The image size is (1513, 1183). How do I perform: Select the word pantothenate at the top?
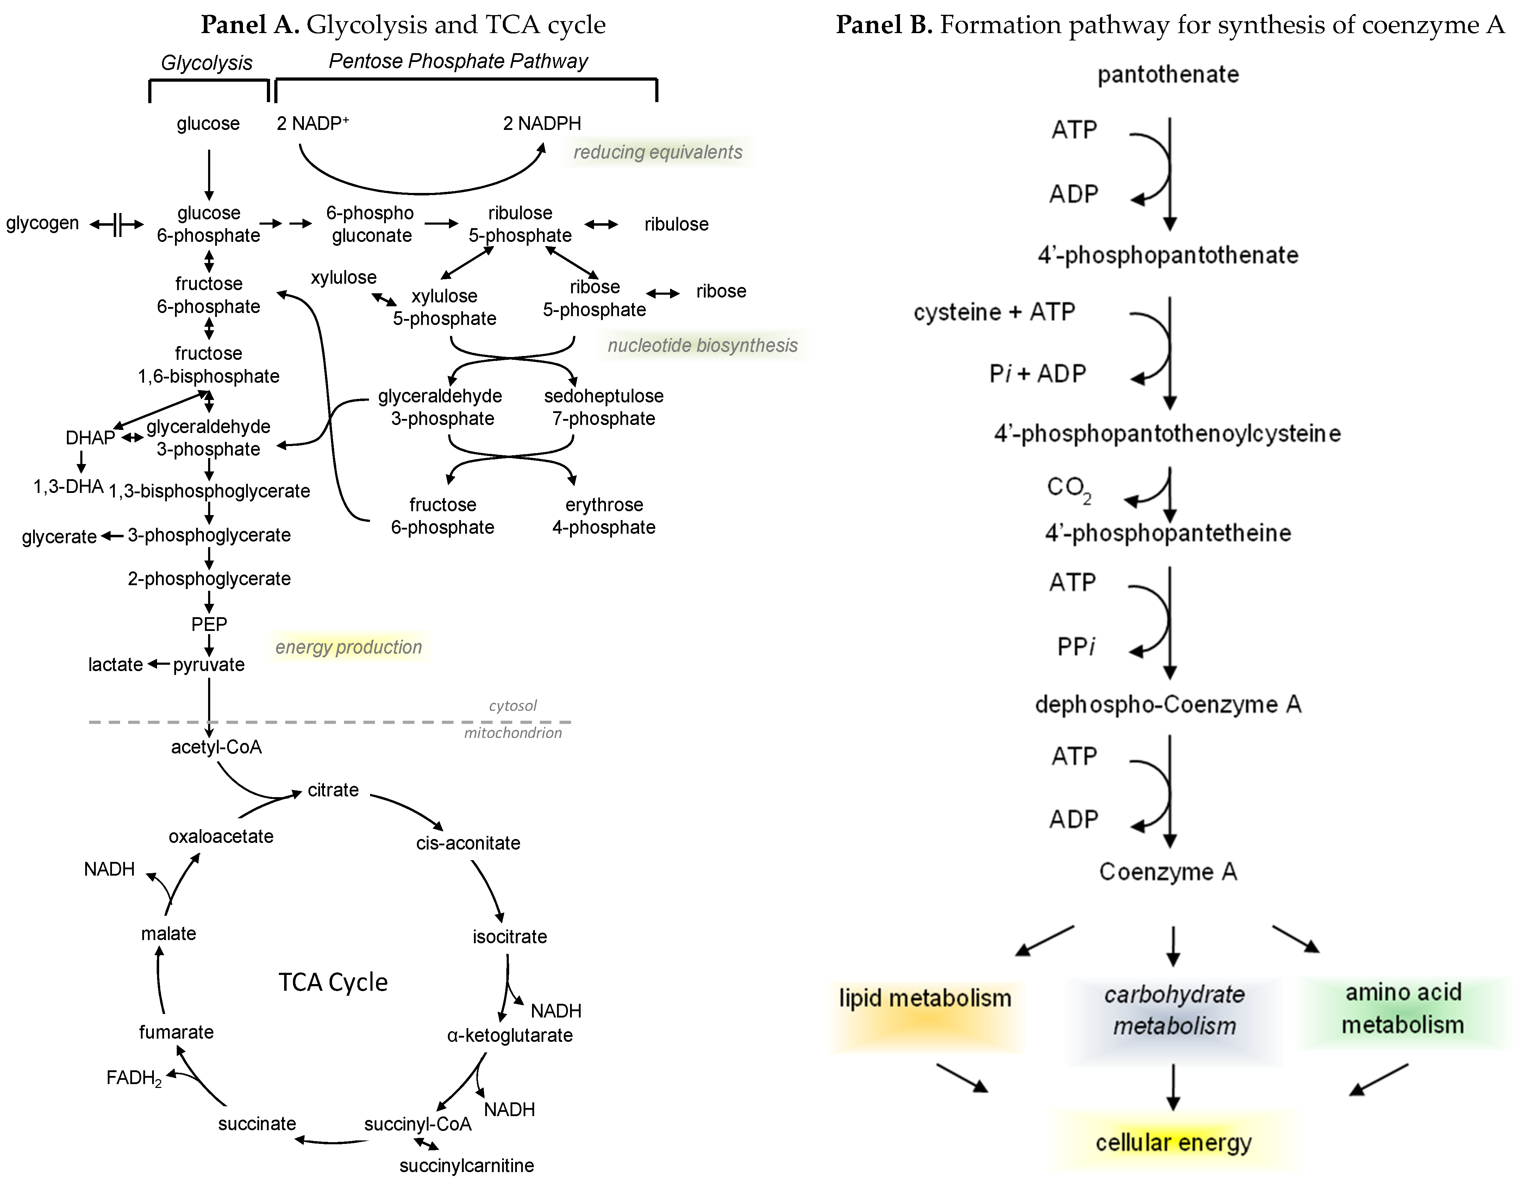tap(1168, 74)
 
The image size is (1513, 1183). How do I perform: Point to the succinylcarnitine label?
tap(466, 1166)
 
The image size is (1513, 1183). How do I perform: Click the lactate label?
tap(115, 665)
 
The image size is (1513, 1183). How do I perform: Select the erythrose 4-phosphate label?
tap(604, 516)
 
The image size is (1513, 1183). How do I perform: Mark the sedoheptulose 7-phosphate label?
tap(604, 407)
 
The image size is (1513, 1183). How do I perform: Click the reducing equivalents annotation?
tap(657, 152)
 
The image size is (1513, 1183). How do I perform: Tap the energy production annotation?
tap(349, 647)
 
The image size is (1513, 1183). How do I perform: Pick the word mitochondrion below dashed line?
tap(513, 733)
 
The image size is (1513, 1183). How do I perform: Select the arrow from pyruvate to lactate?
tap(159, 664)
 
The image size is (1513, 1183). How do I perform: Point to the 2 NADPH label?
tap(542, 123)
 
